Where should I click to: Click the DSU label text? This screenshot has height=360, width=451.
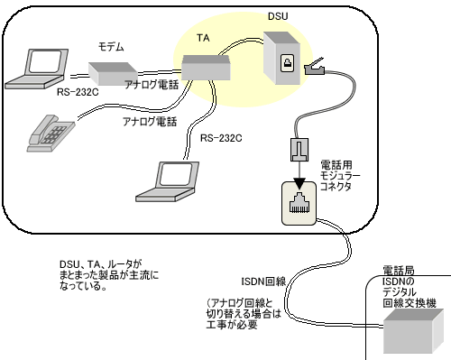278,16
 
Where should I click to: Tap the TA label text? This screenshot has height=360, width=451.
203,38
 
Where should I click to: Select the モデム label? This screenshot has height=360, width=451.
111,47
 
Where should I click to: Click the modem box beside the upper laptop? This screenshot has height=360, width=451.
113,73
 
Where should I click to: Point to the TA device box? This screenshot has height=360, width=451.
207,68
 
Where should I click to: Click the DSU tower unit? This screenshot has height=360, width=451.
281,58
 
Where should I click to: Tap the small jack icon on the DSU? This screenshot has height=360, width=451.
288,63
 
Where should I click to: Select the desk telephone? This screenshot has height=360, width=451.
51,134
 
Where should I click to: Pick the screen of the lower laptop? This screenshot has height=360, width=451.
176,175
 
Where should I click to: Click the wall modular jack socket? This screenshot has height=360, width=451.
299,203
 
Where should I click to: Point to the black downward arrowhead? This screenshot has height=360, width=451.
299,183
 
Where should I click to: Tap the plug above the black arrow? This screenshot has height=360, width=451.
299,150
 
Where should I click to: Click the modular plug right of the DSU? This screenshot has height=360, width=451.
315,68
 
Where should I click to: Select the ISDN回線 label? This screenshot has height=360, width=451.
263,282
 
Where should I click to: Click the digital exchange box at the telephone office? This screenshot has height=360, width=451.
413,331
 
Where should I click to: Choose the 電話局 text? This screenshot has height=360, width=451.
399,271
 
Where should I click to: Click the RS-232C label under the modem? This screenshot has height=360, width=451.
78,92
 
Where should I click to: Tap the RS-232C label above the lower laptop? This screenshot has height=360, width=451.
221,138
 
